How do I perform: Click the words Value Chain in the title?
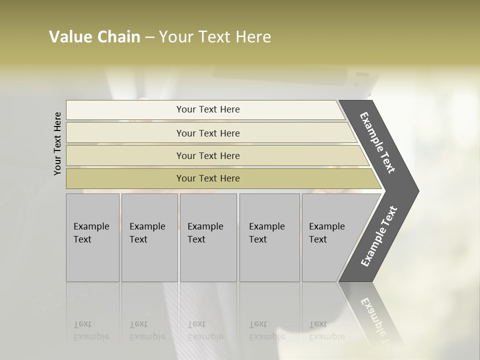(x=94, y=37)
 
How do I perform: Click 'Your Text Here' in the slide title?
(x=215, y=37)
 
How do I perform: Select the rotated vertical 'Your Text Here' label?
(x=57, y=143)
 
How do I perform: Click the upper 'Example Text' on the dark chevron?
(x=377, y=142)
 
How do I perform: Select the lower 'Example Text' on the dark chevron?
(x=378, y=236)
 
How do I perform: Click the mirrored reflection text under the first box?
(x=91, y=330)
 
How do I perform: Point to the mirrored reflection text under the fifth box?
(x=326, y=330)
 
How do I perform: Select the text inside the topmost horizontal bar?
(x=208, y=109)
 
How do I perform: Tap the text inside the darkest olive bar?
(x=208, y=178)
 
